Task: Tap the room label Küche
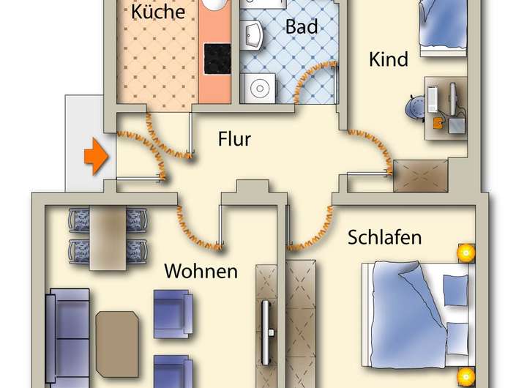pyautogui.click(x=157, y=12)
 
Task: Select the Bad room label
pyautogui.click(x=302, y=27)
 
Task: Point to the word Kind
pyautogui.click(x=388, y=59)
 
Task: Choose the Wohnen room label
pyautogui.click(x=201, y=271)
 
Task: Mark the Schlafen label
pyautogui.click(x=384, y=238)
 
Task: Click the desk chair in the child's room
pyautogui.click(x=414, y=108)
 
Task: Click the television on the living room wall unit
pyautogui.click(x=268, y=330)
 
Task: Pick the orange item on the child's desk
pyautogui.click(x=438, y=121)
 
